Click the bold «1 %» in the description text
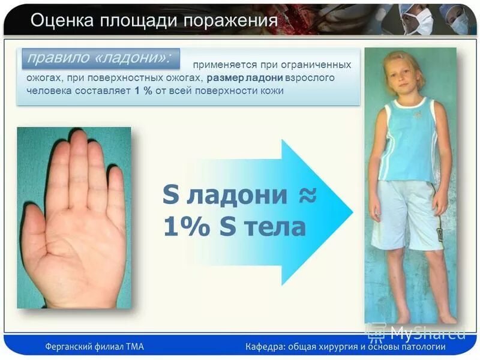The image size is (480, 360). coord(139,91)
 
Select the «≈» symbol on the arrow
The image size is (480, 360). coord(306,196)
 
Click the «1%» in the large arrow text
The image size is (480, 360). coord(180,228)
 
